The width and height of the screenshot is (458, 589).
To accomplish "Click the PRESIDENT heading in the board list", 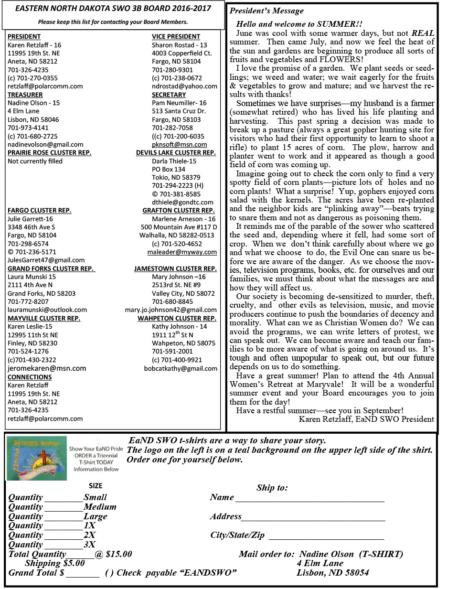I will [24, 36].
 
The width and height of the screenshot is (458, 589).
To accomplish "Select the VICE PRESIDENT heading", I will [176, 36].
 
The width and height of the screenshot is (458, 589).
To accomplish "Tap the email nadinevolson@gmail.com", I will [45, 144].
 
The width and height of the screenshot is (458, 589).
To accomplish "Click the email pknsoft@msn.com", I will [179, 144].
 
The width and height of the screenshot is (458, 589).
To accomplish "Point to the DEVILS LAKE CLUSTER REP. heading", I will [176, 153].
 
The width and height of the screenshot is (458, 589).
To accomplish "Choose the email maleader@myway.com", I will [182, 252].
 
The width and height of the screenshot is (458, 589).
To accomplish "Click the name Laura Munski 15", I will [32, 277].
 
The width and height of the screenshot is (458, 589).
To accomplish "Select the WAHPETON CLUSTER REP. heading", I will [177, 318].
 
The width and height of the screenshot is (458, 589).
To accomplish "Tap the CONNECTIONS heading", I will [30, 377].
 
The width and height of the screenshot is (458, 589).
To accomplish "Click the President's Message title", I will [266, 11].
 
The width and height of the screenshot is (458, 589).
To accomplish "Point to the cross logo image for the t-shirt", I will [37, 458].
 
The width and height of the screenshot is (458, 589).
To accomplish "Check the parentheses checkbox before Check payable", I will [109, 573].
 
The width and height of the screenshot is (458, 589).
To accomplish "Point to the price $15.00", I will [118, 554].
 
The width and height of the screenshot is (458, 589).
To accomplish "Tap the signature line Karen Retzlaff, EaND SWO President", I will [366, 419].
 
